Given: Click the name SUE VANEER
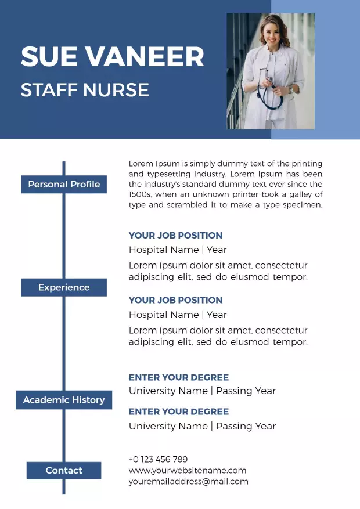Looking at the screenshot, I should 112,57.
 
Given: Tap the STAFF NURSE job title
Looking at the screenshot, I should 85,90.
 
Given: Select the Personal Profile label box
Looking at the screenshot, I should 64,185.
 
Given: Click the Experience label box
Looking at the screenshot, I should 64,287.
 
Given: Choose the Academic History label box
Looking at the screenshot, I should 64,400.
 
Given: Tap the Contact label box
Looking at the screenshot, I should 64,471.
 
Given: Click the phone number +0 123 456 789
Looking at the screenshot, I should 158,459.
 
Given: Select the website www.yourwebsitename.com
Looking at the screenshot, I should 188,470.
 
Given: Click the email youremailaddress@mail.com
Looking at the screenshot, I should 188,481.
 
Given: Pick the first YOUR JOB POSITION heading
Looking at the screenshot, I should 175,236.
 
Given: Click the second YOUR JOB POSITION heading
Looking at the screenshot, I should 175,300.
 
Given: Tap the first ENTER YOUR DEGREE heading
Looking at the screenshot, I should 179,377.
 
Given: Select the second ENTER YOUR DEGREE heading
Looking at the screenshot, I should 179,411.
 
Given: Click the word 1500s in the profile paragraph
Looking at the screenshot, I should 140,195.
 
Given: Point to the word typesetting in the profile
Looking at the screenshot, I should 169,174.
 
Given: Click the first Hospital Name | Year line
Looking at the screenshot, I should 178,250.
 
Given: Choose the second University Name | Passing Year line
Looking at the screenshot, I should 202,426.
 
